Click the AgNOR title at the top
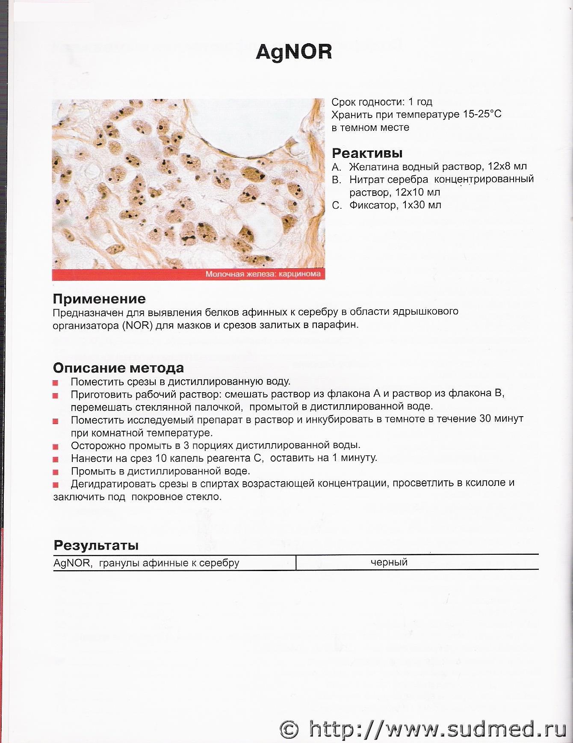pyautogui.click(x=294, y=52)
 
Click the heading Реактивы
pyautogui.click(x=367, y=153)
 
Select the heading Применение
pyautogui.click(x=99, y=299)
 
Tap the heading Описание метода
pyautogui.click(x=118, y=367)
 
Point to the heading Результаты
pyautogui.click(x=96, y=545)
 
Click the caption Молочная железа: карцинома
pyautogui.click(x=263, y=274)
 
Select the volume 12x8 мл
pyautogui.click(x=507, y=166)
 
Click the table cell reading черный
pyautogui.click(x=389, y=562)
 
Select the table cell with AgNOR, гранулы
pyautogui.click(x=146, y=563)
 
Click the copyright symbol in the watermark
pyautogui.click(x=289, y=728)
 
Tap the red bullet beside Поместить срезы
pyautogui.click(x=56, y=382)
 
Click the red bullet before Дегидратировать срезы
pyautogui.click(x=56, y=485)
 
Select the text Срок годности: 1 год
pyautogui.click(x=382, y=102)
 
